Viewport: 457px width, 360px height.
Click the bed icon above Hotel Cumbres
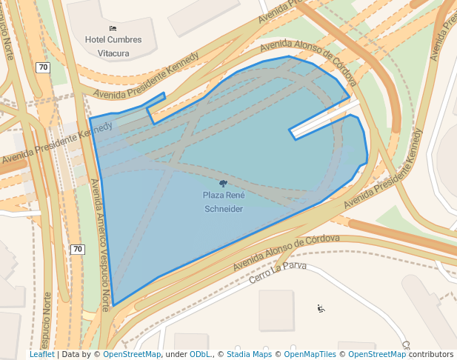[113, 28]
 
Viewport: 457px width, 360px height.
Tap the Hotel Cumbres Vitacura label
[113, 46]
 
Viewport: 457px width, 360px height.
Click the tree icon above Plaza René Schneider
[223, 182]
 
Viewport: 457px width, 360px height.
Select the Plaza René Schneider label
[223, 201]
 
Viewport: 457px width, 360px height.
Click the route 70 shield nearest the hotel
[44, 67]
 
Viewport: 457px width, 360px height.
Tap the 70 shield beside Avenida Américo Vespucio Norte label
[78, 249]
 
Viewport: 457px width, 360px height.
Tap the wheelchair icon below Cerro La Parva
[321, 308]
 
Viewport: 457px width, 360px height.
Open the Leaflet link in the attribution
[42, 355]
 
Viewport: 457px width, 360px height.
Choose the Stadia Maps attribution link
[248, 355]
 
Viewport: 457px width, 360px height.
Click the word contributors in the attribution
[431, 355]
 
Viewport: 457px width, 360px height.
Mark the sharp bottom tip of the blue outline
[113, 305]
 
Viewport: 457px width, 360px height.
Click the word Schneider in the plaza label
[223, 209]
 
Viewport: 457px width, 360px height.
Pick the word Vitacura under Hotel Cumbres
[113, 53]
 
